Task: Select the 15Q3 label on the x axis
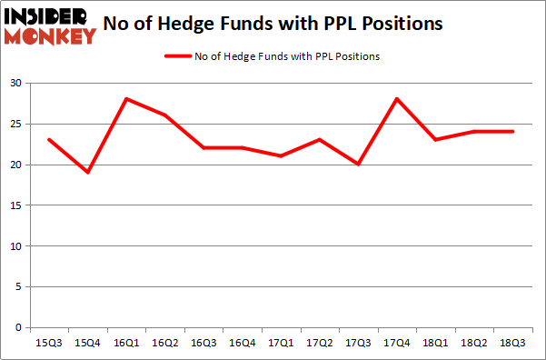coord(49,343)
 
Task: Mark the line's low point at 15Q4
coord(88,173)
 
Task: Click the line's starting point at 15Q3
coord(49,140)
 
